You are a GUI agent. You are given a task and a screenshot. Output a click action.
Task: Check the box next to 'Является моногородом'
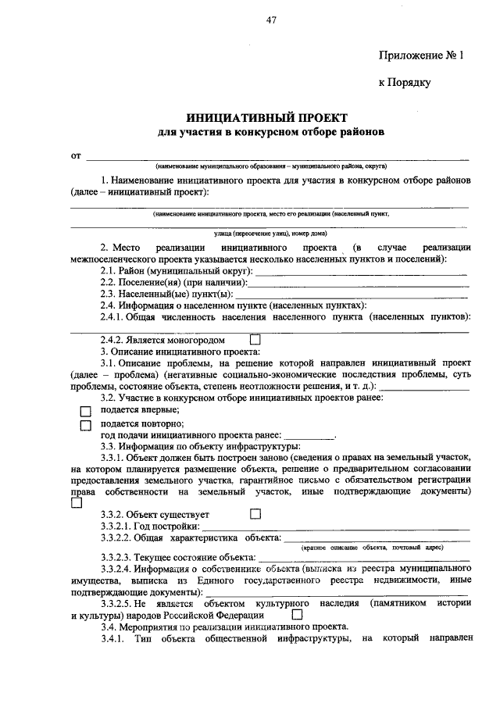point(254,341)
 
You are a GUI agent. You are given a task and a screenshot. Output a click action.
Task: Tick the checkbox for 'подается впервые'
point(86,411)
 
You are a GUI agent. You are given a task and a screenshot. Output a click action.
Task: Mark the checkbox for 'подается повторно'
point(86,425)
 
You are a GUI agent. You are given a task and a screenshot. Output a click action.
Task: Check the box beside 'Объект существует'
point(254,514)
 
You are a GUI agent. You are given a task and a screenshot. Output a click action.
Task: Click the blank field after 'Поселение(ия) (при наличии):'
point(359,284)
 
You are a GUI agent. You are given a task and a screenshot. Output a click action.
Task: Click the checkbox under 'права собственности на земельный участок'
point(76,504)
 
